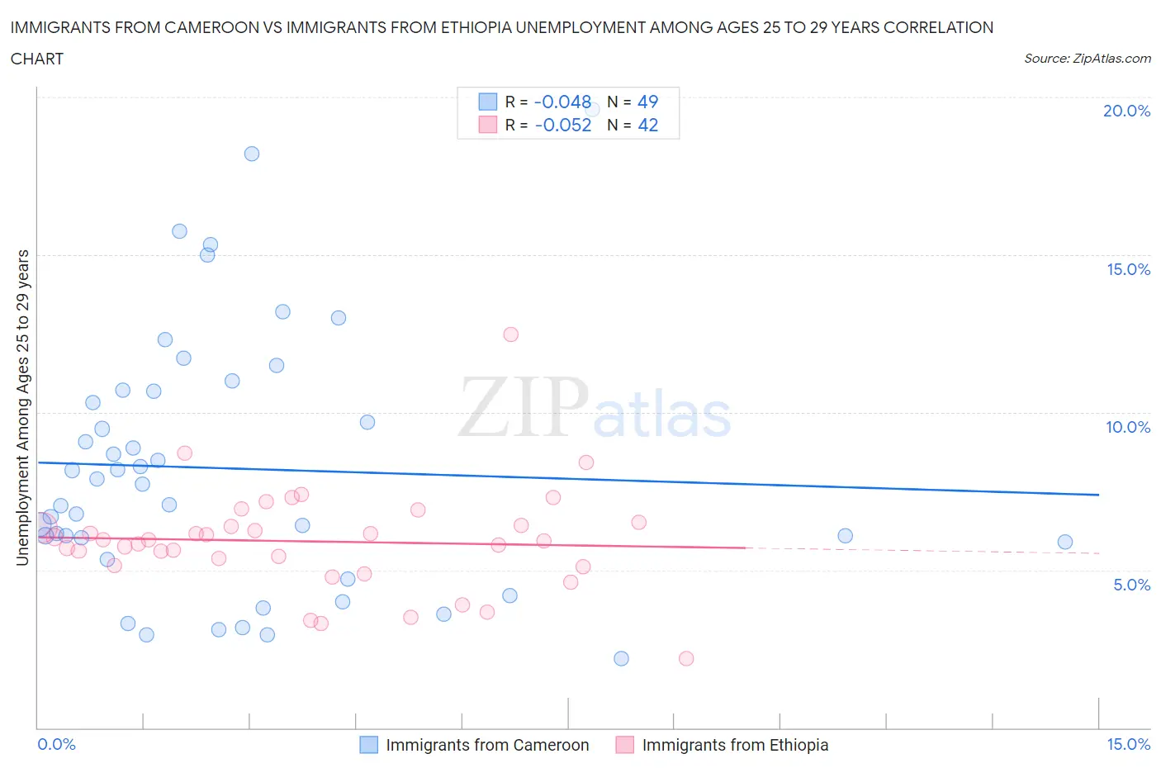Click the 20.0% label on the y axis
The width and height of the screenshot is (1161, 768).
tap(1126, 111)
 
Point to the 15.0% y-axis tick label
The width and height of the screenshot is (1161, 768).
tap(1128, 269)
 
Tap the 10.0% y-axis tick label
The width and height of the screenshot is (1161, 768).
tap(1128, 427)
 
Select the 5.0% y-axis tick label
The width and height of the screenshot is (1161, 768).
tap(1131, 585)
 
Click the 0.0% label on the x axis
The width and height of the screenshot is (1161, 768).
tap(56, 744)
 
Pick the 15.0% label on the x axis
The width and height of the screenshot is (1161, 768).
tap(1128, 744)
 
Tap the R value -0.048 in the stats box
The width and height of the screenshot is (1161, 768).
tap(562, 102)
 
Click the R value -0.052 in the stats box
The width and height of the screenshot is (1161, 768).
tap(563, 125)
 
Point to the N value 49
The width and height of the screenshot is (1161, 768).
tap(647, 102)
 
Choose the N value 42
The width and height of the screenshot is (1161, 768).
tap(647, 125)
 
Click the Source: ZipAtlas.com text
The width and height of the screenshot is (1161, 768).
tap(1087, 58)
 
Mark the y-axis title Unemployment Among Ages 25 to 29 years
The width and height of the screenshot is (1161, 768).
tap(22, 407)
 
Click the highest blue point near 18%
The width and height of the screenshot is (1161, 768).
tap(252, 154)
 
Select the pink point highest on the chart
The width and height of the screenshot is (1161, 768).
tap(510, 334)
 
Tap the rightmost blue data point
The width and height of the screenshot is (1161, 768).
tap(1065, 542)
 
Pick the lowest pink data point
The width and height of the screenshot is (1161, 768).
tap(686, 658)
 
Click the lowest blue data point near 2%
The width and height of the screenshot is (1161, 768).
tap(621, 658)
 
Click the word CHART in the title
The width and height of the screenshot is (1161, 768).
tap(37, 59)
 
